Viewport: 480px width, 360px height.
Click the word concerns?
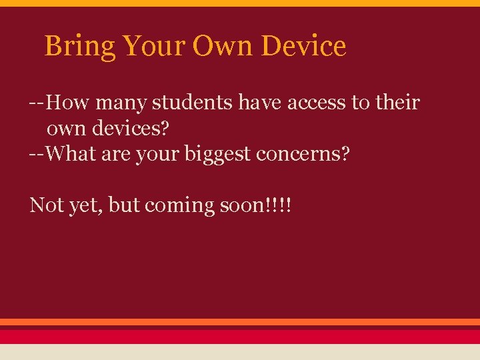pos(308,154)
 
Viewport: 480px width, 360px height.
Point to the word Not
pos(47,205)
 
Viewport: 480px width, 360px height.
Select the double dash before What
pos(37,155)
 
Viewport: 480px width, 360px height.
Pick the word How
pos(69,103)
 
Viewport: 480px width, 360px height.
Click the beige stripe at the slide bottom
pos(240,352)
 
